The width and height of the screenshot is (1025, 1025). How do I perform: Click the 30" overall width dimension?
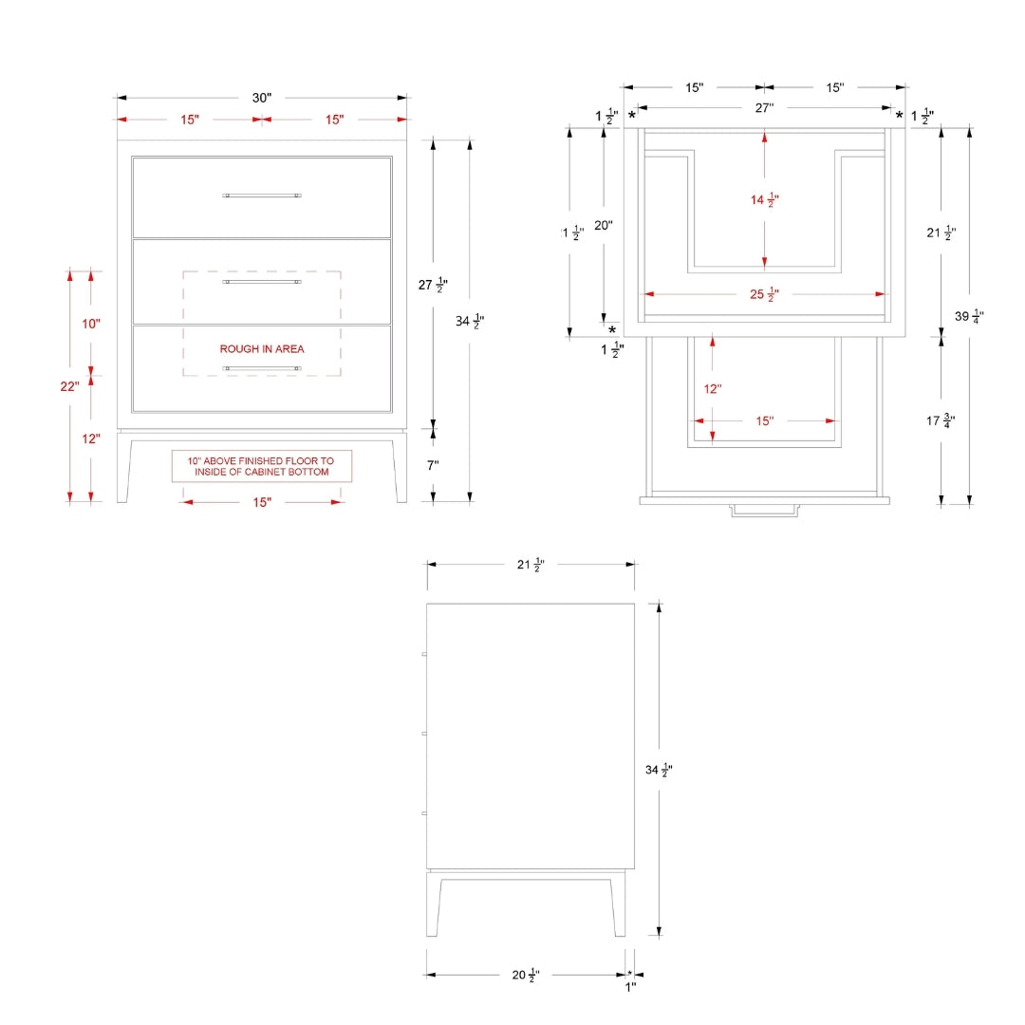pyautogui.click(x=262, y=98)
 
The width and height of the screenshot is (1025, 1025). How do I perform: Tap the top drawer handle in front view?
pyautogui.click(x=262, y=196)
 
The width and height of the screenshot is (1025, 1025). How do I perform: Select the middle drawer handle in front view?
pyautogui.click(x=262, y=282)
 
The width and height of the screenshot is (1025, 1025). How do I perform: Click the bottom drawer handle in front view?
pyautogui.click(x=262, y=368)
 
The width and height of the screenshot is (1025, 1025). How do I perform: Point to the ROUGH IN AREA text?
pyautogui.click(x=262, y=349)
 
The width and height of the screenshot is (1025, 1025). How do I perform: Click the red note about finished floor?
pyautogui.click(x=262, y=466)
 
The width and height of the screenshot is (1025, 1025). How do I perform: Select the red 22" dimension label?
pyautogui.click(x=69, y=386)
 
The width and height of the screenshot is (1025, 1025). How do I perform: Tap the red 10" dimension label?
pyautogui.click(x=91, y=324)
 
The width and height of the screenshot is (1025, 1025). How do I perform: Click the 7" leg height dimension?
pyautogui.click(x=433, y=465)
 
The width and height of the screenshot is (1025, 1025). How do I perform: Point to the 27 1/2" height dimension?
pyautogui.click(x=433, y=285)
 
